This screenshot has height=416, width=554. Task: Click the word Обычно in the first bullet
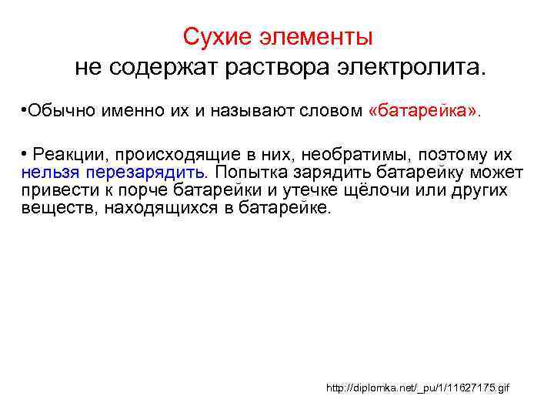(x=59, y=110)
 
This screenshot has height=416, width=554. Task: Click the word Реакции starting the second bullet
(x=72, y=155)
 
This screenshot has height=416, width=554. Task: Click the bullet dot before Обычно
(x=25, y=110)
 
